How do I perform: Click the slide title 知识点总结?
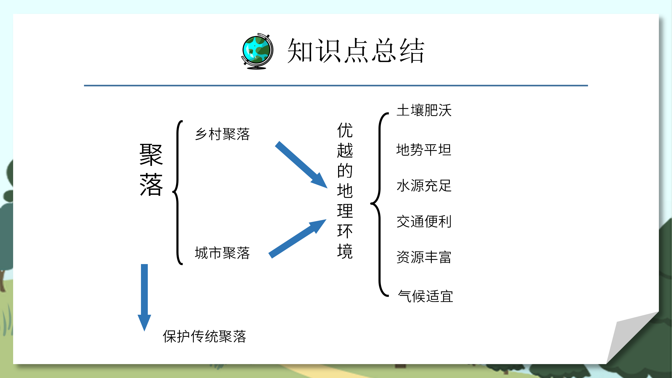(355, 50)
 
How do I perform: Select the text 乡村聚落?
(222, 134)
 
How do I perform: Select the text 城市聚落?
(222, 253)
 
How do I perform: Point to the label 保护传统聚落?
(204, 336)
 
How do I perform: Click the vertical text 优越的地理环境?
(345, 191)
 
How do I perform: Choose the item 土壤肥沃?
(424, 110)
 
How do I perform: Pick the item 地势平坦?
(424, 150)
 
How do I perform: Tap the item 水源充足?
(424, 186)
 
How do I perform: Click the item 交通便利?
(424, 221)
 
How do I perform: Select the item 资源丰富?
(424, 257)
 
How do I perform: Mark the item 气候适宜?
(426, 296)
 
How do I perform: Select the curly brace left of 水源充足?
(379, 204)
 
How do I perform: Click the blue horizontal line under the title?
(336, 86)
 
